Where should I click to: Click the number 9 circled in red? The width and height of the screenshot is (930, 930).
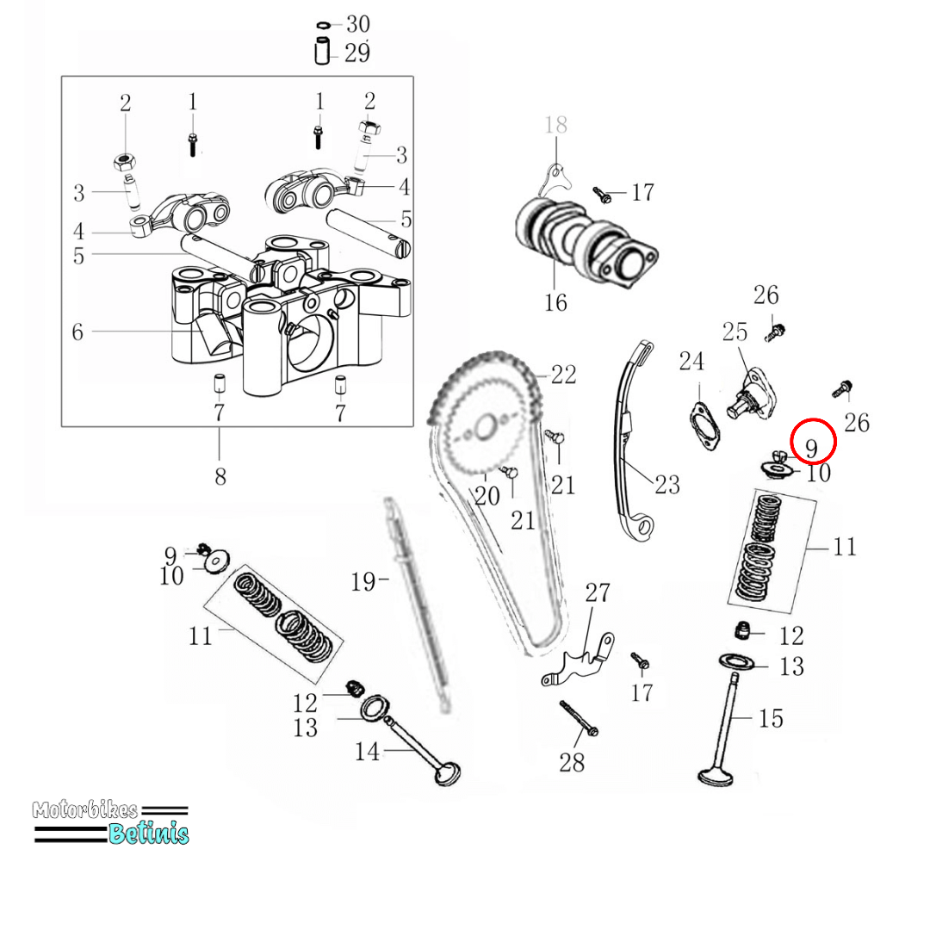(x=812, y=447)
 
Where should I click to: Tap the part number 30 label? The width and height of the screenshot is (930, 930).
(x=357, y=25)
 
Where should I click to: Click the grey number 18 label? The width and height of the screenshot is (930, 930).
(x=556, y=125)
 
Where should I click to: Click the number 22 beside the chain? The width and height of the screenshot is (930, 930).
(x=563, y=375)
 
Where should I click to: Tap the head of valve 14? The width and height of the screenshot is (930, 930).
(x=449, y=772)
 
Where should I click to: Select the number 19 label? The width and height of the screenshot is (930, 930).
(x=363, y=583)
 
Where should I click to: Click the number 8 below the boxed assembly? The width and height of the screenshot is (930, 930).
(x=220, y=475)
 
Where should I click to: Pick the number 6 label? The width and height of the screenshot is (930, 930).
(x=77, y=332)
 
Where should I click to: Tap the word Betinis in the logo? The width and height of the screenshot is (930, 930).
(x=148, y=833)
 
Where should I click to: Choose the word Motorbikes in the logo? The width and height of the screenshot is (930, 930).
(x=84, y=810)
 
